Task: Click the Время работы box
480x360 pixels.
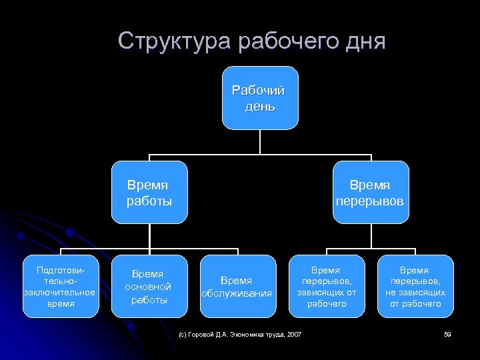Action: pyautogui.click(x=149, y=192)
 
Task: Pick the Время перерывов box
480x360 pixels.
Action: pyautogui.click(x=370, y=192)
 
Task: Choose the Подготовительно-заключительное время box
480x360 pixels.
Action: pyautogui.click(x=60, y=286)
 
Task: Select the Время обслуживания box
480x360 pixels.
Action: pyautogui.click(x=237, y=286)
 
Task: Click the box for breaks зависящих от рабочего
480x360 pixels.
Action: pyautogui.click(x=327, y=286)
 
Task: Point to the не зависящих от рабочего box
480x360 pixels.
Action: pyautogui.click(x=415, y=286)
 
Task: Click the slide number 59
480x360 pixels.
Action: pyautogui.click(x=447, y=334)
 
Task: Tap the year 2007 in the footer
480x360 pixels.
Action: pyautogui.click(x=293, y=334)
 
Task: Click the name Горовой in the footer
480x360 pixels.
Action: pyautogui.click(x=203, y=334)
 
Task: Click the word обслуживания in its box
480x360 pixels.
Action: pyautogui.click(x=237, y=293)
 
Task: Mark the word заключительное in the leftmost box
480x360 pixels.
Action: pyautogui.click(x=60, y=292)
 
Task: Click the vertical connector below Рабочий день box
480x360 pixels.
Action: pyautogui.click(x=259, y=141)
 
